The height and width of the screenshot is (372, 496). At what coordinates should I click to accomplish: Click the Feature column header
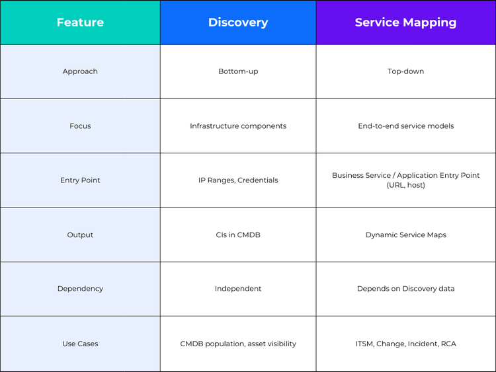point(80,22)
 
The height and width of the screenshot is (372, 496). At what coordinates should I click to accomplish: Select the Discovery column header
point(238,22)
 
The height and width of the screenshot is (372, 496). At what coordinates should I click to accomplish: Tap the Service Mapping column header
point(405,22)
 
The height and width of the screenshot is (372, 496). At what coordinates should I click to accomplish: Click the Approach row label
point(80,71)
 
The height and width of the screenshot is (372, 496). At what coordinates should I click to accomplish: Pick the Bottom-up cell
point(238,71)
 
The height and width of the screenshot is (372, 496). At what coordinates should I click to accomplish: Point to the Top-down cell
point(405,71)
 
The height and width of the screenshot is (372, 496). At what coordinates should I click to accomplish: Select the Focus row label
point(80,126)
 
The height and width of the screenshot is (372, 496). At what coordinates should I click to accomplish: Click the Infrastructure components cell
point(238,126)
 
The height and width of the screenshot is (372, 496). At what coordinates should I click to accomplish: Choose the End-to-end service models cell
point(405,126)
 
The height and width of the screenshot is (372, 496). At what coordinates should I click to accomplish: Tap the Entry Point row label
point(80,180)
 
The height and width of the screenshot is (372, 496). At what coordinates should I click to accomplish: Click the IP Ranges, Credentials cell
point(238,180)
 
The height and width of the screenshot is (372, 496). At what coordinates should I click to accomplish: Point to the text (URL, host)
point(405,186)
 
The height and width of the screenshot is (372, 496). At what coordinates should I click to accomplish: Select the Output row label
point(80,235)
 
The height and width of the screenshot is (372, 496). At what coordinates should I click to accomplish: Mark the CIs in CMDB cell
point(238,235)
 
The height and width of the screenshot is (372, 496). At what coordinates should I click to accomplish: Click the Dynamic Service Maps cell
point(405,235)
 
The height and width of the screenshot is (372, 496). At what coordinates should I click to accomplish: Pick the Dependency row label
point(80,289)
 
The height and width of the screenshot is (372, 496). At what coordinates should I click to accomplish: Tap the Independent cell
point(238,289)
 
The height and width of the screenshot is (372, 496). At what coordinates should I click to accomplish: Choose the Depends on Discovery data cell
point(405,289)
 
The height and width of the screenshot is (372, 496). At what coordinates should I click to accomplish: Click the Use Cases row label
point(80,344)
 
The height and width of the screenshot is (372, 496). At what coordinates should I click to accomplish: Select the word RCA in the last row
point(448,344)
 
